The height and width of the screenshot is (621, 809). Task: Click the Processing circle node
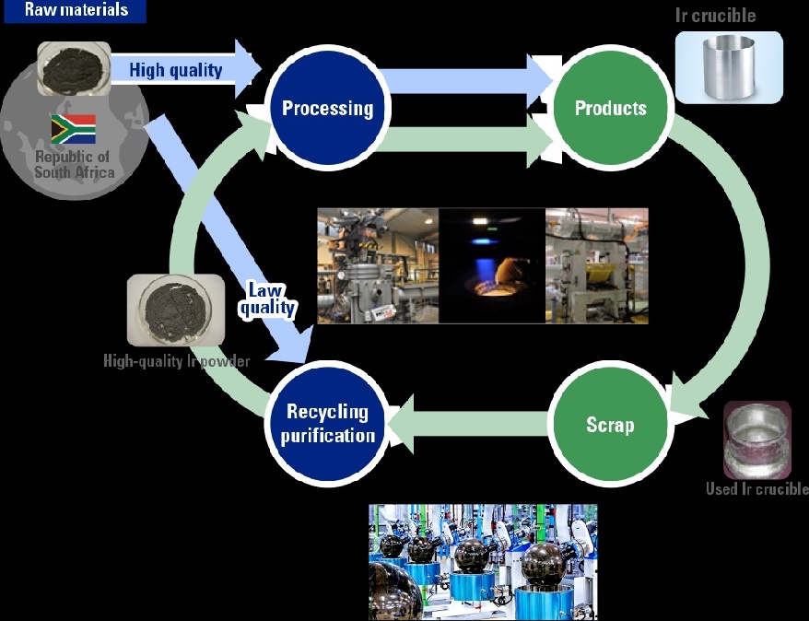click(327, 109)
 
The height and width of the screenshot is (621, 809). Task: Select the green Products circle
click(610, 109)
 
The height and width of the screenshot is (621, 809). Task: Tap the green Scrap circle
click(610, 425)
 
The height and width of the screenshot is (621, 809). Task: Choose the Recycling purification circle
click(327, 425)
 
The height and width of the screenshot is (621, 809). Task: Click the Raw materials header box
click(76, 11)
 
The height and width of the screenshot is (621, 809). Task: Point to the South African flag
click(74, 129)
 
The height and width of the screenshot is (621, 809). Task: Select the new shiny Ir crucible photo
click(729, 66)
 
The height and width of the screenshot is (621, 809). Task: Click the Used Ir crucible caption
click(756, 489)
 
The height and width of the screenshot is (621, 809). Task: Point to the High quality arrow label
click(175, 70)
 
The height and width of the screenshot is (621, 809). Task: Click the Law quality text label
click(267, 299)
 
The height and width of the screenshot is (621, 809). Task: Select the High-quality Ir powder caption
click(176, 361)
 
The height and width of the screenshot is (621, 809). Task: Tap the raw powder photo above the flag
click(74, 67)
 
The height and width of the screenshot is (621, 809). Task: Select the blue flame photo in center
click(491, 265)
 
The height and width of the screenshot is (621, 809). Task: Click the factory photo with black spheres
click(483, 561)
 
